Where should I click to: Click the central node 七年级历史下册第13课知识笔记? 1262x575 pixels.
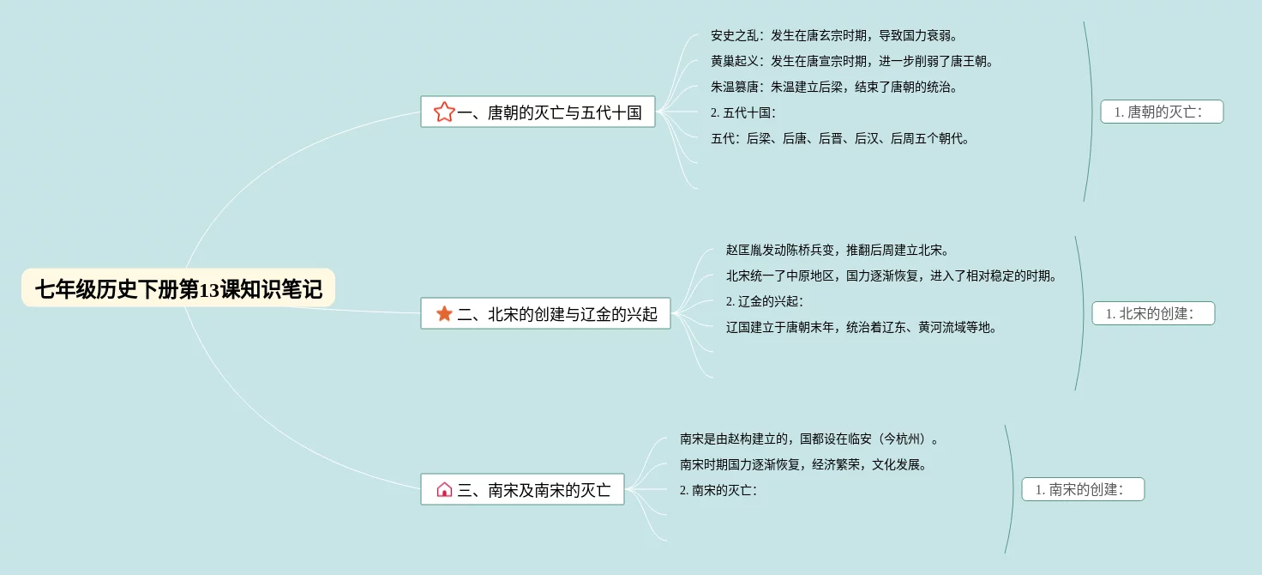pyautogui.click(x=178, y=289)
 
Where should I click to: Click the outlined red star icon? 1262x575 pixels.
pyautogui.click(x=444, y=112)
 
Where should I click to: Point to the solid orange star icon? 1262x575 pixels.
pyautogui.click(x=444, y=313)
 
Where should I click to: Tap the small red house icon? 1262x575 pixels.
pyautogui.click(x=444, y=489)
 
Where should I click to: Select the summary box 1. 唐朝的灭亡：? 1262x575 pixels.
pyautogui.click(x=1162, y=112)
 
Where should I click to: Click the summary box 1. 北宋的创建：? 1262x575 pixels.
pyautogui.click(x=1153, y=313)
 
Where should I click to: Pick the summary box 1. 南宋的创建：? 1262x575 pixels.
pyautogui.click(x=1083, y=489)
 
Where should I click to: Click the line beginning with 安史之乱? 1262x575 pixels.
pyautogui.click(x=833, y=35)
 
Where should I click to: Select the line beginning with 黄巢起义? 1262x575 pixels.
pyautogui.click(x=851, y=61)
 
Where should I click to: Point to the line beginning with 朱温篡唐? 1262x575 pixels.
pyautogui.click(x=833, y=87)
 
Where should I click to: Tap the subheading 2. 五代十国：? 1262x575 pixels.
pyautogui.click(x=743, y=112)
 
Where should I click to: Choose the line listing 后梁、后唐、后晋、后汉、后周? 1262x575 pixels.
pyautogui.click(x=840, y=138)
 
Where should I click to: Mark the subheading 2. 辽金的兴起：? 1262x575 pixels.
pyautogui.click(x=765, y=301)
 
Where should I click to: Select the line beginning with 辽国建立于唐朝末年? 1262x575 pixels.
pyautogui.click(x=862, y=327)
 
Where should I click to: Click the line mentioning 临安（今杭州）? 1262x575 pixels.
pyautogui.click(x=808, y=439)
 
